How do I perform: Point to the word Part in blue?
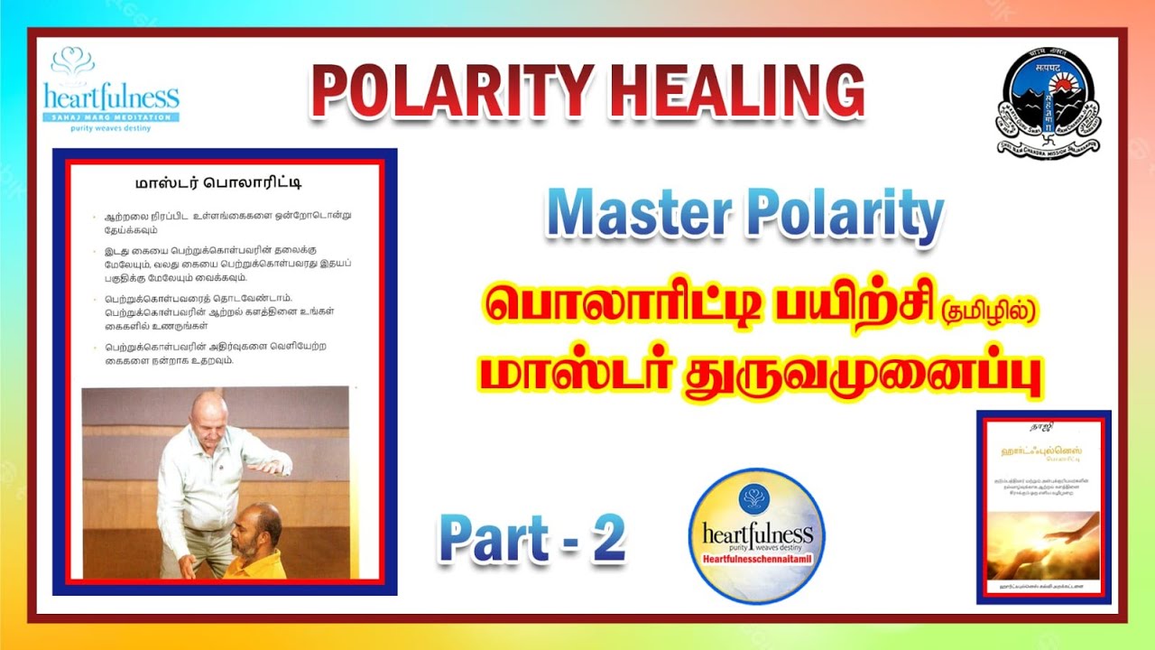point(493,540)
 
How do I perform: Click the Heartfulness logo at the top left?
point(111,89)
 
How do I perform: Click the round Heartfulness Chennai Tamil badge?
point(756,536)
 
